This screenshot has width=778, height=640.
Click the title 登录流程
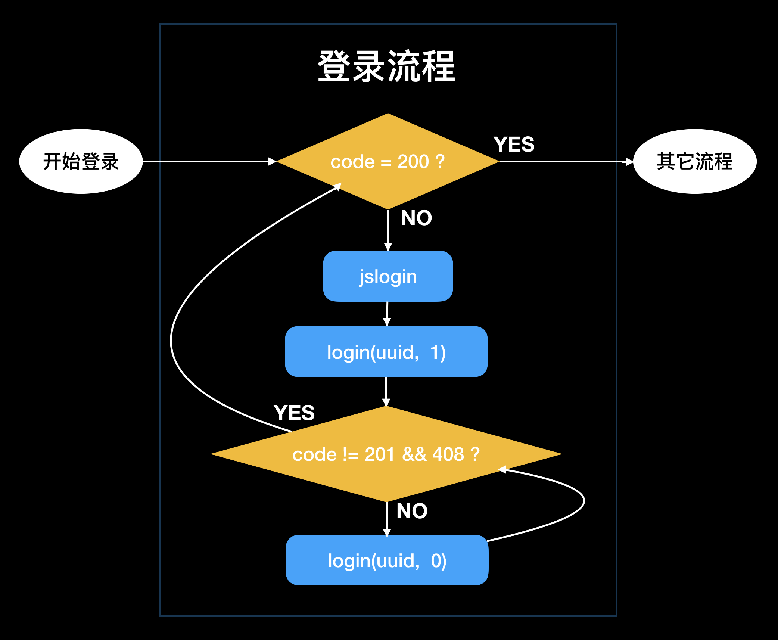[x=386, y=66]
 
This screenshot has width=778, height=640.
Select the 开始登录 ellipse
[x=81, y=161]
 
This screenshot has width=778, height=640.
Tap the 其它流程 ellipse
[x=695, y=161]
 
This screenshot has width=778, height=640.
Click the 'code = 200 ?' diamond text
[x=388, y=162]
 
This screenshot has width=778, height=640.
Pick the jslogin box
[x=388, y=276]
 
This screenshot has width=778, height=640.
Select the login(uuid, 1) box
[x=386, y=352]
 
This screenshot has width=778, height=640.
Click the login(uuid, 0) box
[x=387, y=560]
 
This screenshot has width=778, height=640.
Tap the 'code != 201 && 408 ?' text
[x=386, y=454]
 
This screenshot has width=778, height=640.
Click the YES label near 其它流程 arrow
[x=514, y=144]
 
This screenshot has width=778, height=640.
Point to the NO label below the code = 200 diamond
[x=416, y=218]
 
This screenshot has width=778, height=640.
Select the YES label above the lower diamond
[x=294, y=413]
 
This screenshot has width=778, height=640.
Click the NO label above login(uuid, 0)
[x=412, y=511]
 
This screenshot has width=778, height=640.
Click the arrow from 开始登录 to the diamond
[x=209, y=161]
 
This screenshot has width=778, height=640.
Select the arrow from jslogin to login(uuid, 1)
[x=387, y=314]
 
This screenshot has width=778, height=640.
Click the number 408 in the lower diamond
[x=448, y=454]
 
